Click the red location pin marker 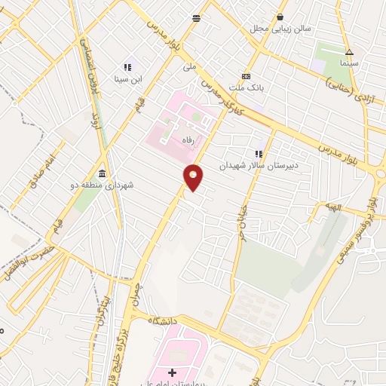194,177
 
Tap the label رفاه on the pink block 187,140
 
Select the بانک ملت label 247,87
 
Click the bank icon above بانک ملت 246,76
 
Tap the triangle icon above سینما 349,53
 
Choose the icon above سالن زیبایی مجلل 280,17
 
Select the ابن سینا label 127,78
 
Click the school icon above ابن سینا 127,67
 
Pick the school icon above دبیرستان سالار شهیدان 259,154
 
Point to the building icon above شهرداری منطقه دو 102,173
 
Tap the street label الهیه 333,207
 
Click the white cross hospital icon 173,372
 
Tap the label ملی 189,66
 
